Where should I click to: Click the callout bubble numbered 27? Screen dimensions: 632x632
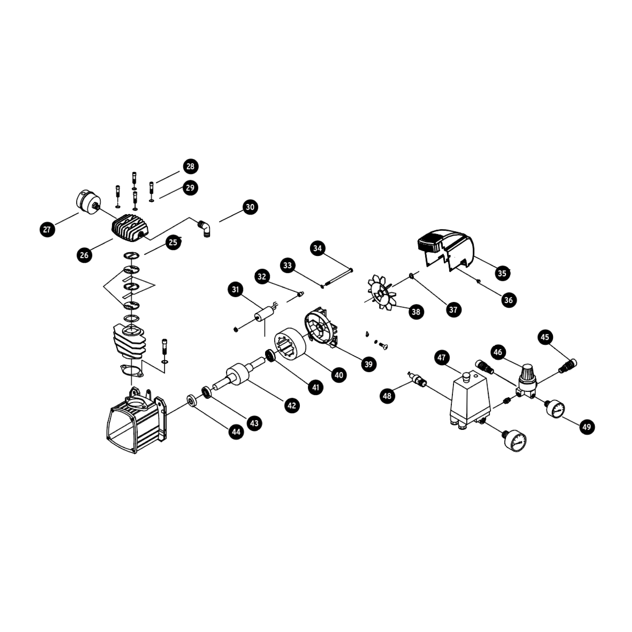47,230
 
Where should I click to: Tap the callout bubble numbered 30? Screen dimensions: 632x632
250,207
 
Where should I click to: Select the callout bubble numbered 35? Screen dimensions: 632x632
502,273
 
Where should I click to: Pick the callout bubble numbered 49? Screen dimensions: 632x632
587,427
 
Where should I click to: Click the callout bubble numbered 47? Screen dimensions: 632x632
441,357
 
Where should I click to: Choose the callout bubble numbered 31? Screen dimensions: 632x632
235,290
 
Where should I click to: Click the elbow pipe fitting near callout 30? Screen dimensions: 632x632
205,229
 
